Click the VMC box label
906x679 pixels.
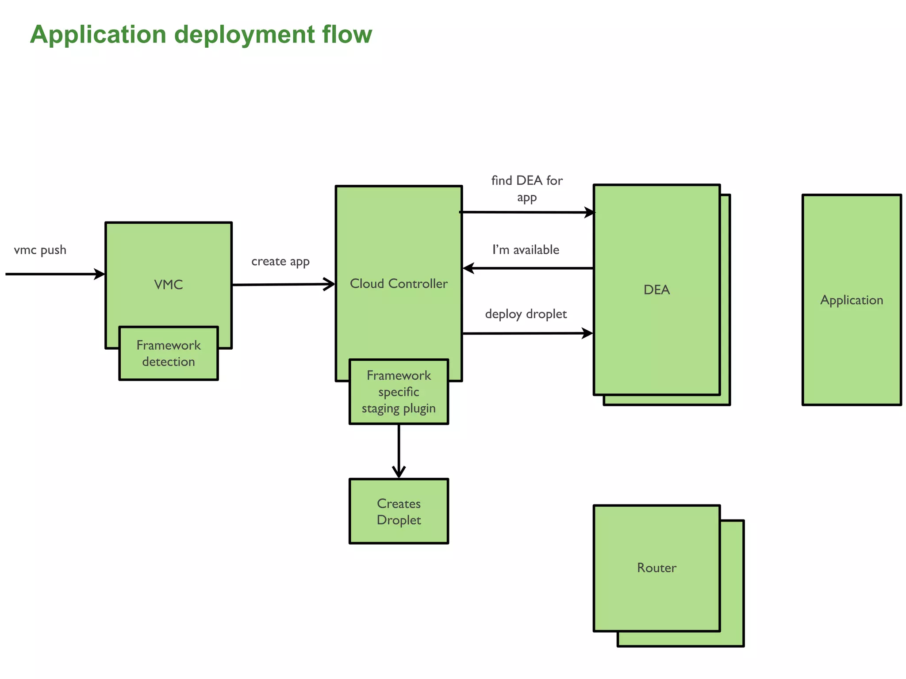pyautogui.click(x=168, y=285)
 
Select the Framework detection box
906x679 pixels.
pyautogui.click(x=168, y=353)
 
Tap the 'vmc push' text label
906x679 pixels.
pyautogui.click(x=40, y=250)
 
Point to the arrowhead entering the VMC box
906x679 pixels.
pyautogui.click(x=100, y=274)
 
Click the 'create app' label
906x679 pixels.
pyautogui.click(x=280, y=262)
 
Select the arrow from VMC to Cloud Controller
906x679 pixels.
pyautogui.click(x=283, y=284)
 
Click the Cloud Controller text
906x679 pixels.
pyautogui.click(x=399, y=284)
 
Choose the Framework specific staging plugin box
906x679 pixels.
pyautogui.click(x=399, y=392)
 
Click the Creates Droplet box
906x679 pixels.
pyautogui.click(x=399, y=511)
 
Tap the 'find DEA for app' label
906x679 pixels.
pyautogui.click(x=526, y=188)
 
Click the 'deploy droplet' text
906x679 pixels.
pyautogui.click(x=526, y=314)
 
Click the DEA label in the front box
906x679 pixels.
pyautogui.click(x=656, y=290)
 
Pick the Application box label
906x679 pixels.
pyautogui.click(x=851, y=300)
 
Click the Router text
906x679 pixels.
pyautogui.click(x=656, y=568)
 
